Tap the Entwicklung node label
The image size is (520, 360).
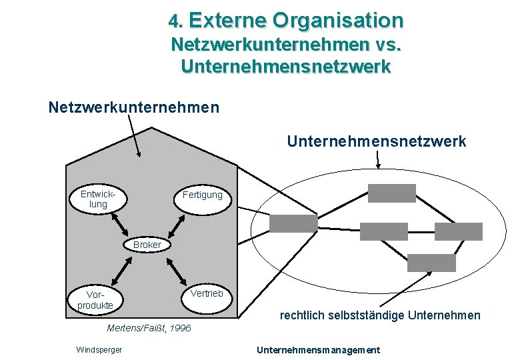tap(98, 199)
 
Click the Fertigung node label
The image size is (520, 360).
tap(202, 195)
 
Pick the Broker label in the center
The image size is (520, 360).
tap(147, 245)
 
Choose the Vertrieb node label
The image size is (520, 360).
tap(206, 293)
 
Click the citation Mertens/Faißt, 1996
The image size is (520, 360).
tap(149, 328)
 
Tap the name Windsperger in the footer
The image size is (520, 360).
tap(99, 350)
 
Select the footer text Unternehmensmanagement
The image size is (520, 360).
tap(318, 350)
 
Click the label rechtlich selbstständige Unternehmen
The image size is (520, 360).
tap(380, 315)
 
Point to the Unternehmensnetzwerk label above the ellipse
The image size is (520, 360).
tap(377, 141)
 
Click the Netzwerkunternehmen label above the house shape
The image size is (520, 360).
tap(134, 107)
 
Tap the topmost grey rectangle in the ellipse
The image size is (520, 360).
tap(392, 193)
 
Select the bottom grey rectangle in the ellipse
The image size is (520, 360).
tap(431, 263)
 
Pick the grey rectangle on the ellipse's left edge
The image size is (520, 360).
tap(293, 223)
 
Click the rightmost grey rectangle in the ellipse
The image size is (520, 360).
tap(458, 231)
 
